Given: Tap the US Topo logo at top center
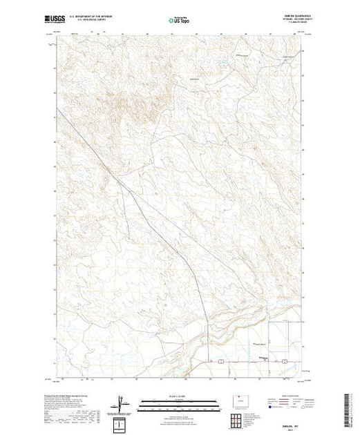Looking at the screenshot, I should coord(180,21).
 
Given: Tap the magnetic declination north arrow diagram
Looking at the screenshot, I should coord(122,403).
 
